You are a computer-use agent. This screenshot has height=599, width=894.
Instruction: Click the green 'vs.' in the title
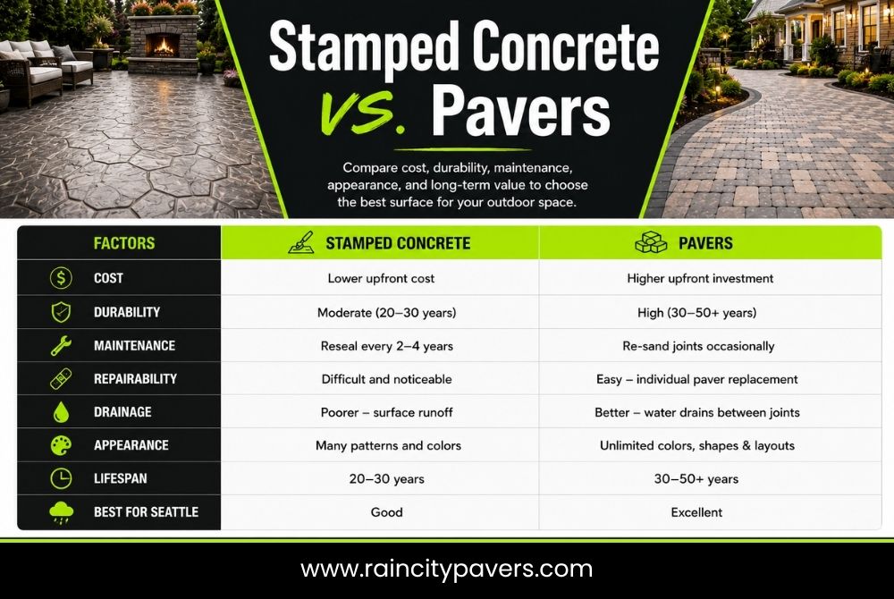[x=363, y=111]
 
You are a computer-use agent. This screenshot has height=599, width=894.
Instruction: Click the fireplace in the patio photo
[x=163, y=45]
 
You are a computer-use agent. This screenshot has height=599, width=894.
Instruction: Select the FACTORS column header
[x=124, y=243]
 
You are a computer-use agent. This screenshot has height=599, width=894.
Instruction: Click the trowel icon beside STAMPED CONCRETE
[x=301, y=242]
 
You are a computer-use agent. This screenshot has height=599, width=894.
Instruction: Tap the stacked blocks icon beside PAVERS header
[x=651, y=242]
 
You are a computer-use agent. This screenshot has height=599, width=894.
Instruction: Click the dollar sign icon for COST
[x=61, y=278]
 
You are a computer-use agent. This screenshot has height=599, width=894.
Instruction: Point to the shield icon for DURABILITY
[x=61, y=312]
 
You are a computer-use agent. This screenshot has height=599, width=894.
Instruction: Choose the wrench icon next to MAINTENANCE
[x=61, y=345]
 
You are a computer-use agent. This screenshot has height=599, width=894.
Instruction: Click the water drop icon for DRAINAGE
[x=61, y=412]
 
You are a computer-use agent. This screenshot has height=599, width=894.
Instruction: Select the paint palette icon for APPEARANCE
[x=61, y=445]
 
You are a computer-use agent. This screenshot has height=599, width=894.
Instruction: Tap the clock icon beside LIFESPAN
[x=61, y=478]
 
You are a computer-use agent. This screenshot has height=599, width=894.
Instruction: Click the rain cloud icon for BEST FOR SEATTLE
[x=61, y=512]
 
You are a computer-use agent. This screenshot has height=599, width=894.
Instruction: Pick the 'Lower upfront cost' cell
[x=381, y=278]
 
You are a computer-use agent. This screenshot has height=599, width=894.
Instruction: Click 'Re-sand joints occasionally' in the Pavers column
[x=698, y=346]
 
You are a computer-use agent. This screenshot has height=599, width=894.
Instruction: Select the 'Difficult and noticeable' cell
[x=386, y=379]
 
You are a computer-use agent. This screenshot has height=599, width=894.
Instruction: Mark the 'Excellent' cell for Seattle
[x=696, y=512]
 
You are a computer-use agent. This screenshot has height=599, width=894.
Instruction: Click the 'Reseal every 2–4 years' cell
[x=386, y=346]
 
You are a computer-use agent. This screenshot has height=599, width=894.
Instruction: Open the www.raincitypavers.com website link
[x=446, y=569]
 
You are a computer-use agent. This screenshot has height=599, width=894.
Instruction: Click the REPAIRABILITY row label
[x=135, y=379]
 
